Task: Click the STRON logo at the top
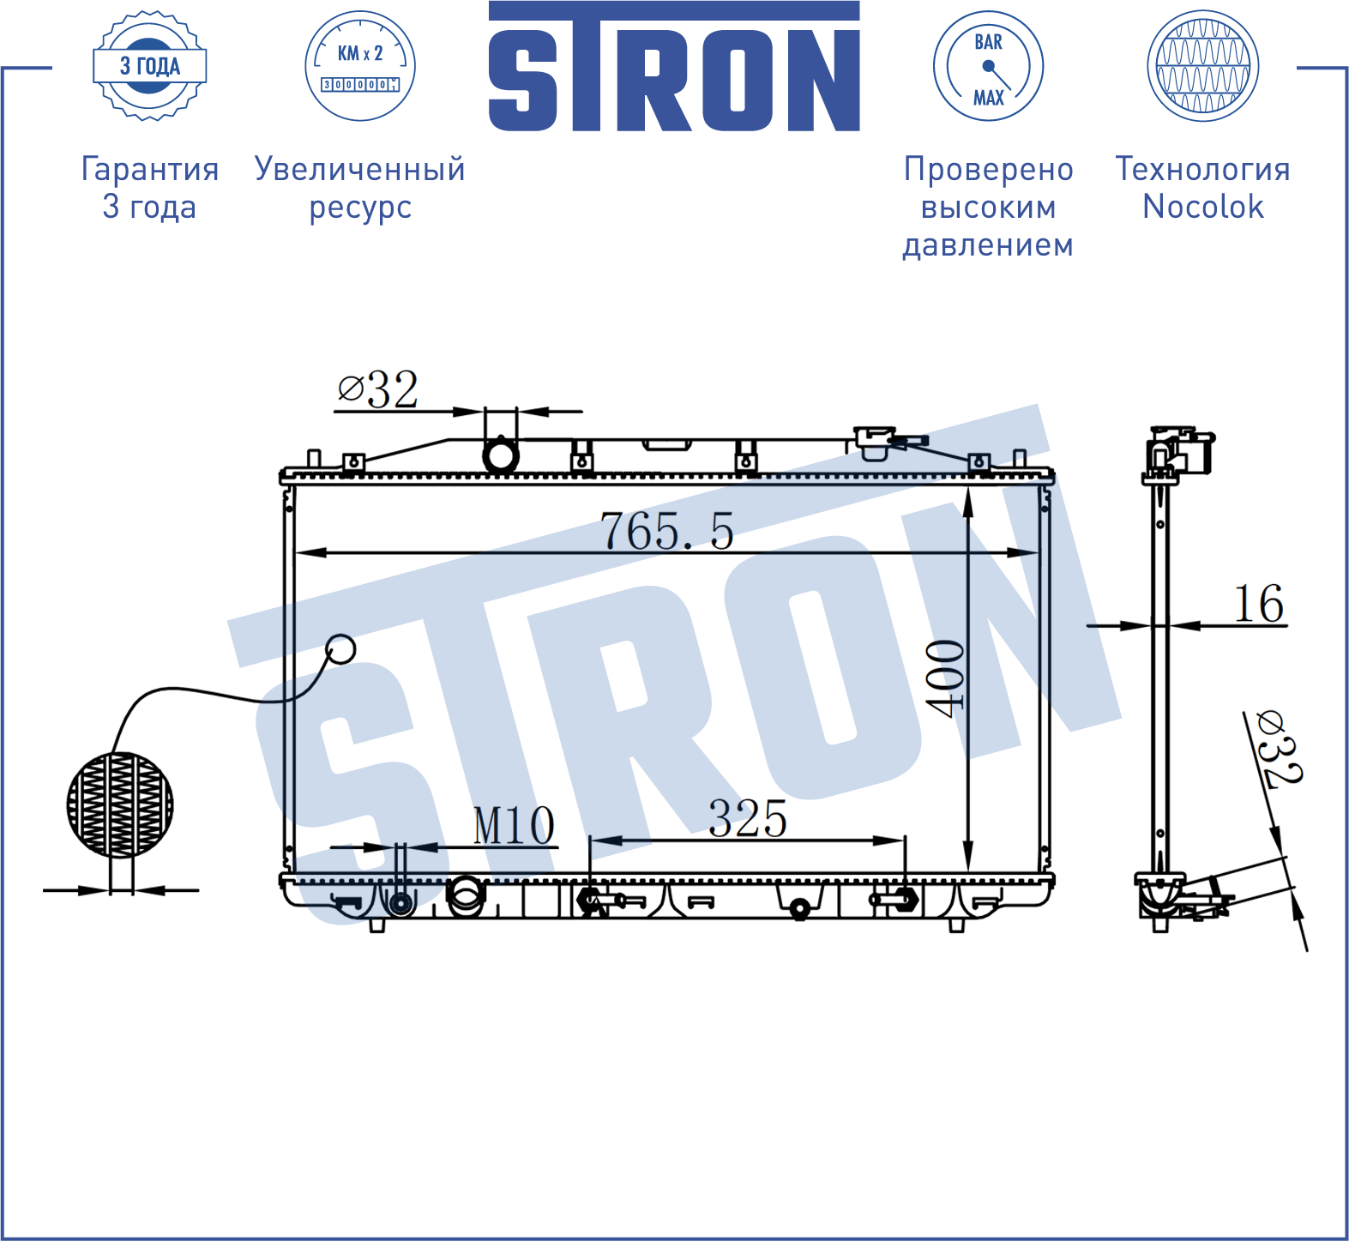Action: coord(674,66)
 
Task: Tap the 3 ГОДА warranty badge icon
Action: coord(150,66)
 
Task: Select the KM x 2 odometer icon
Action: coord(360,66)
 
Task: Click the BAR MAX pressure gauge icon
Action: coord(988,66)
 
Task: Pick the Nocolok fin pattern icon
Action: coord(1203,66)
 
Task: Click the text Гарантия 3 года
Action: coord(150,188)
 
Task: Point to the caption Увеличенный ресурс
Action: coord(360,188)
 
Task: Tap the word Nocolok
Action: coord(1203,207)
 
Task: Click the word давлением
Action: coord(988,245)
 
